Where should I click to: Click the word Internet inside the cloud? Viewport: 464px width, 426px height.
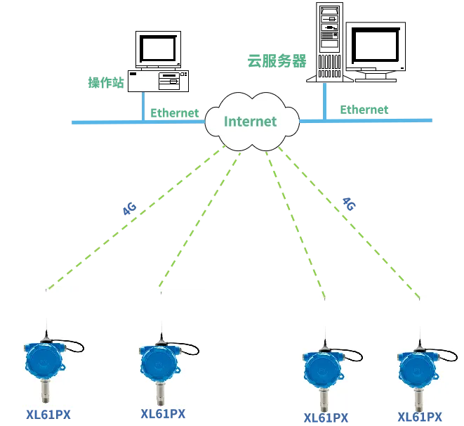(250, 122)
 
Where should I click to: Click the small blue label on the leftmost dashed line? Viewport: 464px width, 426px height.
(128, 208)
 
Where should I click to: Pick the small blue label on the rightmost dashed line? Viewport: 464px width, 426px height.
(350, 205)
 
